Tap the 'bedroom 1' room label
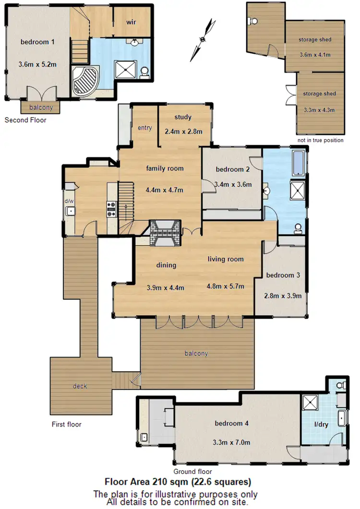click(37, 42)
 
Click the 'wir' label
click(132, 23)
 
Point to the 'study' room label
click(183, 117)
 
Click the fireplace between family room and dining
click(164, 233)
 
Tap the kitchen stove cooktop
click(111, 207)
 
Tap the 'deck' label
click(80, 386)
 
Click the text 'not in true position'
click(320, 140)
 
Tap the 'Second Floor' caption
click(25, 120)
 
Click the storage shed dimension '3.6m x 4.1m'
click(314, 54)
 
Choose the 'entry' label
click(144, 128)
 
